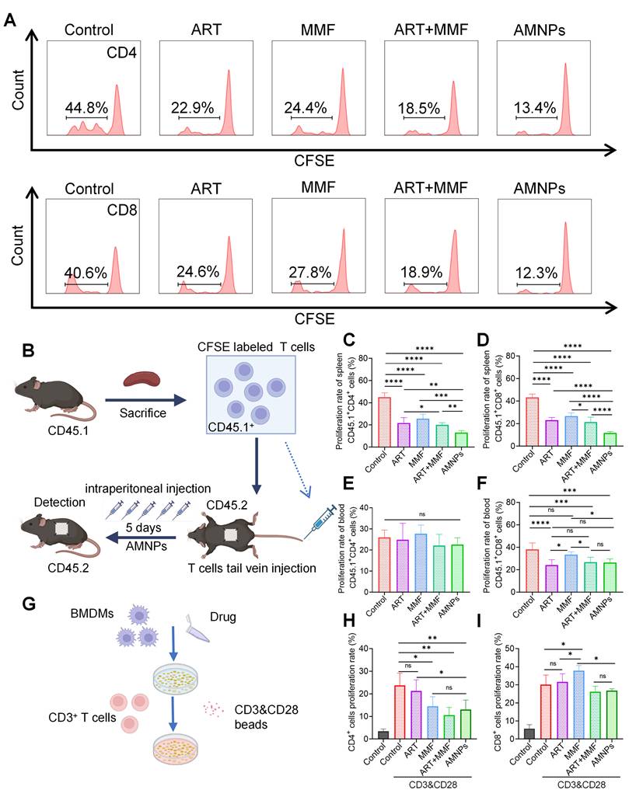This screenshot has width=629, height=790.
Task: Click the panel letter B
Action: click(28, 352)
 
